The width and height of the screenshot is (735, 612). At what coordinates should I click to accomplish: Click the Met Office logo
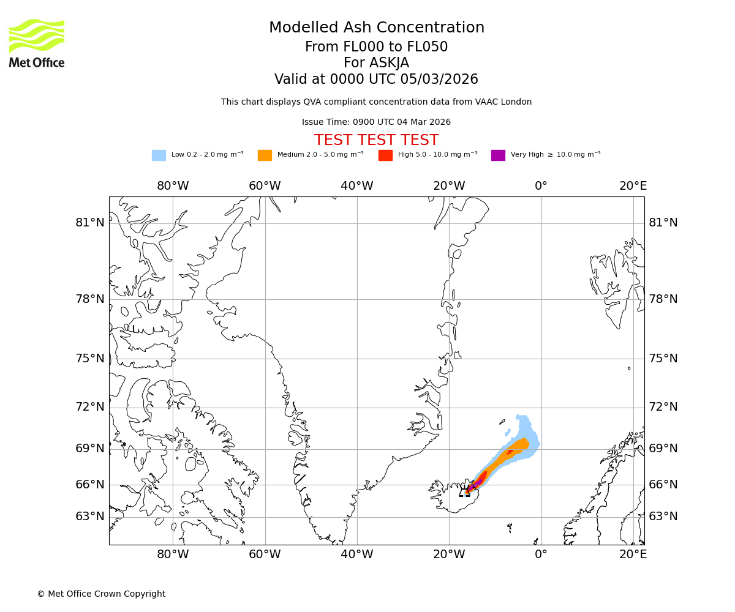tap(37, 43)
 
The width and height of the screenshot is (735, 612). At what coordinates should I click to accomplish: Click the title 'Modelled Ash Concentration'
tap(376, 28)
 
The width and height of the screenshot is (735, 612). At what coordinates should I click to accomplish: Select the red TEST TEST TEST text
tap(376, 141)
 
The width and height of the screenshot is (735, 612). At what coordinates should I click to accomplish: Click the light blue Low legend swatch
tap(159, 155)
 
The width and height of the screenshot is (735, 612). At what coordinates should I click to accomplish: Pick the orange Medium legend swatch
tap(265, 155)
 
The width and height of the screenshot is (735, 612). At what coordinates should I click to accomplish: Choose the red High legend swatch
tap(385, 155)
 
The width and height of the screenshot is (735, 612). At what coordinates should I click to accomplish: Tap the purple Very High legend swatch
tap(498, 155)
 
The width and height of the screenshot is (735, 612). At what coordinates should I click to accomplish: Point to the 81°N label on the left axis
tap(90, 223)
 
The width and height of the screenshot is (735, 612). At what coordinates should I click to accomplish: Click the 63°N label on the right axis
tap(663, 517)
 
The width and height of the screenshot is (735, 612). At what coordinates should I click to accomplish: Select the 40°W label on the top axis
tap(357, 186)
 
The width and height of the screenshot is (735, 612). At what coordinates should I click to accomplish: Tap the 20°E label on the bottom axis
tap(633, 554)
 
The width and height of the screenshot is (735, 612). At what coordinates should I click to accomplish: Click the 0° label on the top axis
tap(541, 186)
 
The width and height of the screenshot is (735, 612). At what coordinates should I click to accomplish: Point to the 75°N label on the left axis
tap(90, 359)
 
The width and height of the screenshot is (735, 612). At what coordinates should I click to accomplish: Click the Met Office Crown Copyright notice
tap(101, 594)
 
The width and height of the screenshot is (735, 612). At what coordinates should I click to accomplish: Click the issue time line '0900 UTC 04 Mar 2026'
tap(376, 122)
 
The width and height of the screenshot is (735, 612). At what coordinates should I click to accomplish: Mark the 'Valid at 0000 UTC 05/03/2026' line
tap(376, 80)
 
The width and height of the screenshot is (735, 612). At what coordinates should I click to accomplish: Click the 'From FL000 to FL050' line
tap(376, 47)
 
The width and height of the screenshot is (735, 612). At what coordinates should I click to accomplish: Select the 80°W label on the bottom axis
tap(173, 554)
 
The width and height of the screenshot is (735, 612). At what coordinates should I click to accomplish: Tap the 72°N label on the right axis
tap(663, 407)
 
